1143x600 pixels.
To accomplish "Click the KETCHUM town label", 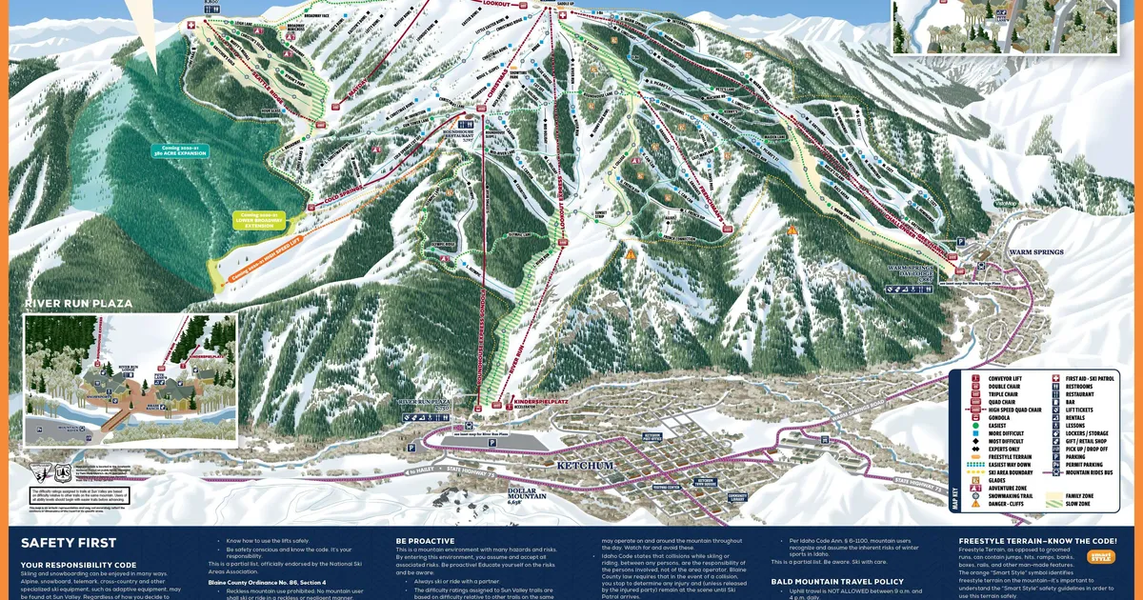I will (584, 465).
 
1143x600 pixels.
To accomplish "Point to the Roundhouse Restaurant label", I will (460, 135).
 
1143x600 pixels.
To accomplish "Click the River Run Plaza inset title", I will (77, 304).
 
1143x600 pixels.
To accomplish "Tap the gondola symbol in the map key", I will (975, 418).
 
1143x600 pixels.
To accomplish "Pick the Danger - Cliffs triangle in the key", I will (975, 504).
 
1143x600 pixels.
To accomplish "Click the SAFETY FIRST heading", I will (69, 543).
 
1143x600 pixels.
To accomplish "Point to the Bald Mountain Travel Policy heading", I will (837, 580).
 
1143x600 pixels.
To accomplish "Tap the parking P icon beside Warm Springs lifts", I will (960, 243).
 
